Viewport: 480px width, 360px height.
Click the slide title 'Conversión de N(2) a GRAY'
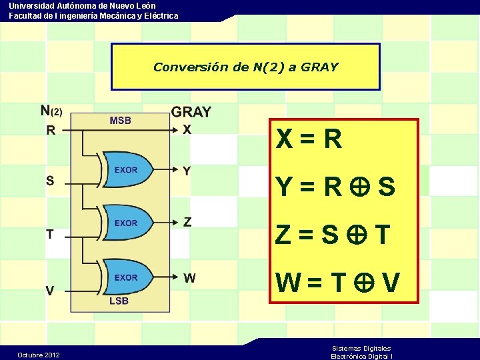pos(245,67)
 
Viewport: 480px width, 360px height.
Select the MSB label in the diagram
pos(120,121)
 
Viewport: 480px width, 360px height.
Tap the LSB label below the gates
pos(119,301)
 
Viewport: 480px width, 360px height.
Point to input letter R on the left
pos(51,131)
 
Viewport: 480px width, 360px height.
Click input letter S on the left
pos(50,180)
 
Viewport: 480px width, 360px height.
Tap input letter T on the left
pos(50,234)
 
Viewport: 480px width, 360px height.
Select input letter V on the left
pos(50,291)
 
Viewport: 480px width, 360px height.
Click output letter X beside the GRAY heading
pos(187,129)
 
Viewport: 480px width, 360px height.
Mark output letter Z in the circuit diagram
pos(187,222)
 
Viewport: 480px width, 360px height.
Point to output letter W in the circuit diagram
pos(189,277)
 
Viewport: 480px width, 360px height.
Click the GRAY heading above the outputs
pos(191,112)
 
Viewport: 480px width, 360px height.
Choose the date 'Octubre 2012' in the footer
pos(39,355)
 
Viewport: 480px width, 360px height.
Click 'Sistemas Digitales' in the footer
pos(361,348)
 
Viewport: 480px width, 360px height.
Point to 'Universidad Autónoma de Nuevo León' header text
pos(82,5)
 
